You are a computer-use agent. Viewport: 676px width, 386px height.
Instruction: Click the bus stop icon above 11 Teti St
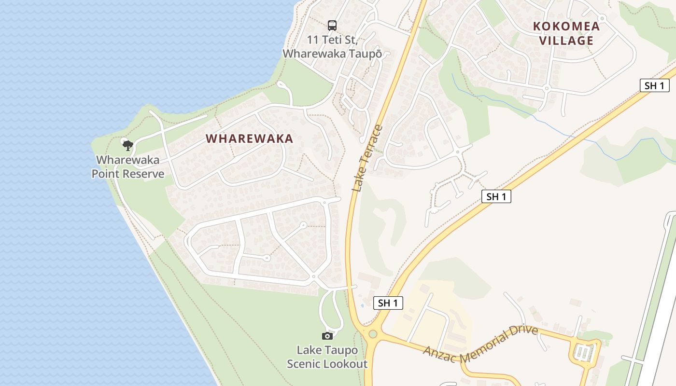(332, 25)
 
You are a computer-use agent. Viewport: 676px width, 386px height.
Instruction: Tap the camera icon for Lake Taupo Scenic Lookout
(327, 336)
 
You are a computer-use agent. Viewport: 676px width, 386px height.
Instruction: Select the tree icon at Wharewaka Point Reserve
(127, 145)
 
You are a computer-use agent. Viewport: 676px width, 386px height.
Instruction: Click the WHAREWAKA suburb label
(249, 139)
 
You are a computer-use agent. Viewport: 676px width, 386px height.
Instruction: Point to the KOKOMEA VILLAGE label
(566, 33)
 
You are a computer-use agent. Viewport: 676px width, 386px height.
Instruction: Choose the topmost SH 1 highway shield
(654, 86)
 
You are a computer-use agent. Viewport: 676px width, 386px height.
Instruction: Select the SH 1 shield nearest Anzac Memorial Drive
(388, 303)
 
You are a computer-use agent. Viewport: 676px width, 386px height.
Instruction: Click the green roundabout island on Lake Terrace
(372, 334)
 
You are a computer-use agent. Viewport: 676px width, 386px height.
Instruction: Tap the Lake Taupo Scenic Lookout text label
(327, 357)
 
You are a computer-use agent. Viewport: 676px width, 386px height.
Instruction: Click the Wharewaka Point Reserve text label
(128, 167)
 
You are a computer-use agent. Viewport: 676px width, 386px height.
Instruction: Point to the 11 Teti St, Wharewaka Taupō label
(332, 46)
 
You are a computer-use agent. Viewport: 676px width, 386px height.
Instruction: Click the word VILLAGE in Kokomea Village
(566, 41)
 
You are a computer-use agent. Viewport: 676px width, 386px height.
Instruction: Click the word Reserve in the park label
(143, 174)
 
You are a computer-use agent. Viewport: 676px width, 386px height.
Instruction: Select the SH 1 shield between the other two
(496, 196)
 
